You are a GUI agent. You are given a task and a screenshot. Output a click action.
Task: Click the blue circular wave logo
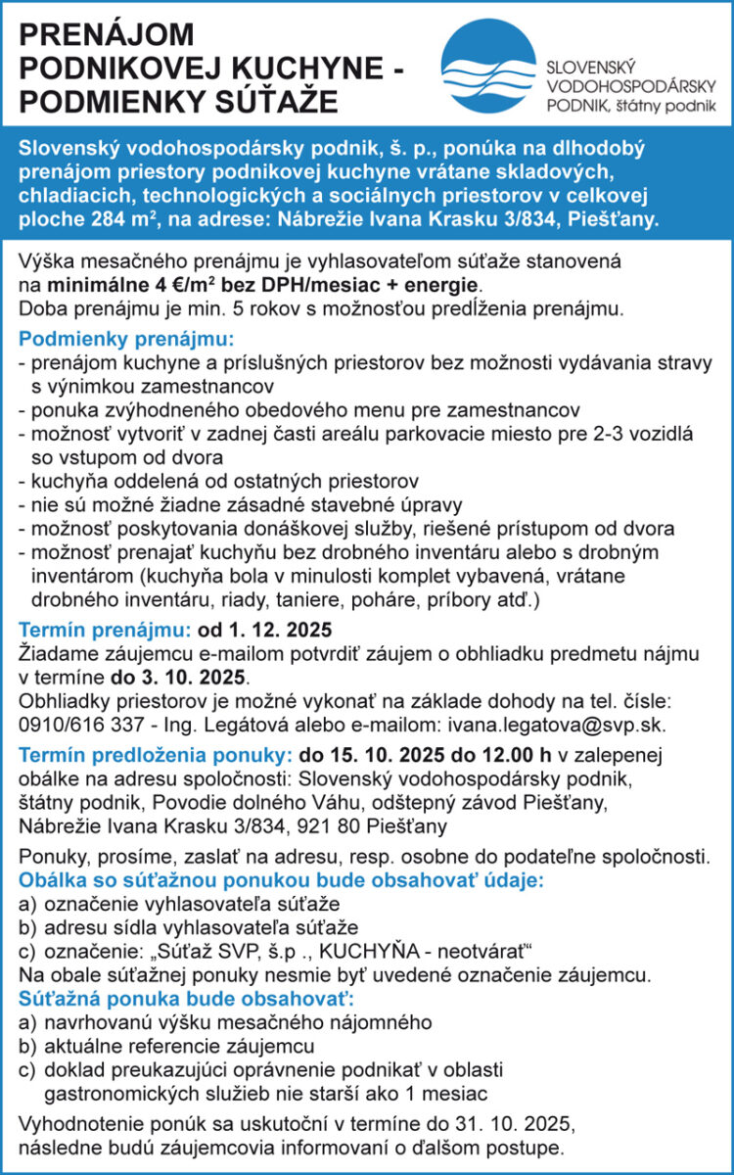coord(488,65)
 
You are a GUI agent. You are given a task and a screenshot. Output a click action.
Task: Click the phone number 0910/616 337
coord(77,724)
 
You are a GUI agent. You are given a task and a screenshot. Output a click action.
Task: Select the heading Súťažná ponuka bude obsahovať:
coord(186,999)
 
